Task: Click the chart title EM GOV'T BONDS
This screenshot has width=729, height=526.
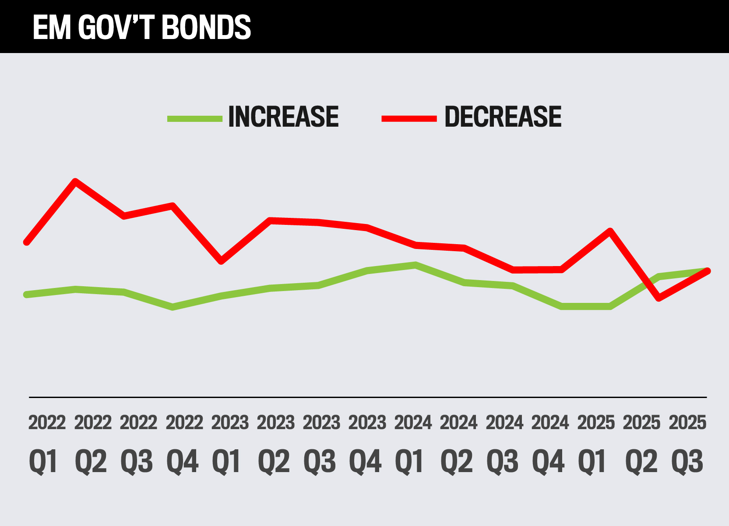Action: point(141,27)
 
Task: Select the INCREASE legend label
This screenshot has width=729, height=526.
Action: point(283,117)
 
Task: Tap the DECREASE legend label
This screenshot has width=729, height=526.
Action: point(503,117)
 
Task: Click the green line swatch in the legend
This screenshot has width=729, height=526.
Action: point(195,118)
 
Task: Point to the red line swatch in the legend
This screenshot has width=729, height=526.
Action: point(409,118)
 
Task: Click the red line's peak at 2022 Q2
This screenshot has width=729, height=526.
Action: point(75,181)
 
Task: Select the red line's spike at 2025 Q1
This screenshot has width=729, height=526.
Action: point(610,231)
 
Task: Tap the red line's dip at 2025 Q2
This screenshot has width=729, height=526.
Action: point(658,299)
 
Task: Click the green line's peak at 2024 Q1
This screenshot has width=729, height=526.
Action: point(415,265)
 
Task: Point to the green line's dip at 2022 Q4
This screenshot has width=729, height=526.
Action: point(173,307)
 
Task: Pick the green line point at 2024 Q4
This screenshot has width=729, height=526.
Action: point(561,306)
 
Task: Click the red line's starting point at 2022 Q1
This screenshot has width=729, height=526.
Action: point(27,242)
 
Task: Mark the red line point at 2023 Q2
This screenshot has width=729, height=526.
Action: point(270,220)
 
